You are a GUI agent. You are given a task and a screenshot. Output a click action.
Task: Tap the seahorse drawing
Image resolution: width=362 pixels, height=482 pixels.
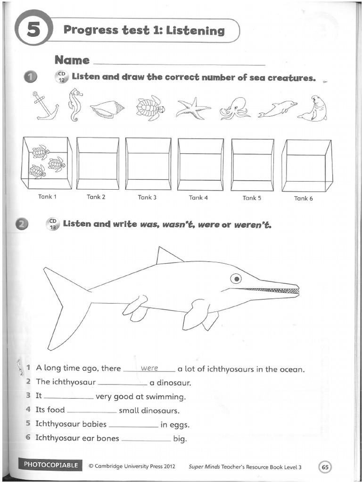pyautogui.click(x=75, y=104)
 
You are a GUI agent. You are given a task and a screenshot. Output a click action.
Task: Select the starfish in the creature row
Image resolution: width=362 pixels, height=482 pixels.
pyautogui.click(x=193, y=108)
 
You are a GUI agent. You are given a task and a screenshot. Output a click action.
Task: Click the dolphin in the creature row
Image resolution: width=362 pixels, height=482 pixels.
pyautogui.click(x=278, y=109)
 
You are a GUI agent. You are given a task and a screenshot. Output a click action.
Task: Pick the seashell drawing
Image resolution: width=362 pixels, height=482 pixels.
pyautogui.click(x=107, y=109)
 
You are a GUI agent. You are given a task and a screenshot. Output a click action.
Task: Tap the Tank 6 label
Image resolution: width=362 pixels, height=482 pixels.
pyautogui.click(x=303, y=198)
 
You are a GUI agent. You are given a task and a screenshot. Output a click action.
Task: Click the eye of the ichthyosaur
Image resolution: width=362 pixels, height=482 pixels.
pyautogui.click(x=236, y=278)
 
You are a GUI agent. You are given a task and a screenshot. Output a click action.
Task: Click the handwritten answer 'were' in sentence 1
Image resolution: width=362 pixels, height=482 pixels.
pyautogui.click(x=149, y=369)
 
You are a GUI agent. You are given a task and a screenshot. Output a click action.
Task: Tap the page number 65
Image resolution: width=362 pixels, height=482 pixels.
pyautogui.click(x=325, y=466)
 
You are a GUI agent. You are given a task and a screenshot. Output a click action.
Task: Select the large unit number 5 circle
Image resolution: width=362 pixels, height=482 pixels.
pyautogui.click(x=33, y=30)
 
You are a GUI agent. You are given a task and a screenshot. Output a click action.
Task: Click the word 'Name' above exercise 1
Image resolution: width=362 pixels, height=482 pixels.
pyautogui.click(x=72, y=60)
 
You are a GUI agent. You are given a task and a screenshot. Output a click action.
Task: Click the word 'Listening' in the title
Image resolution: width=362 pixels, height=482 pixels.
pyautogui.click(x=197, y=31)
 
